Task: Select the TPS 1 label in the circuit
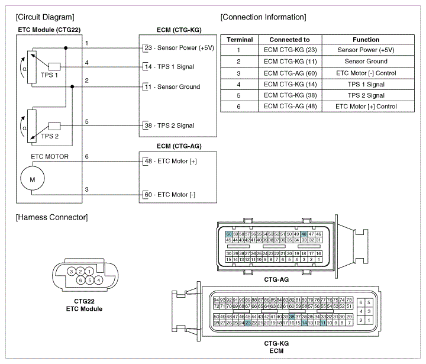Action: pyautogui.click(x=49, y=75)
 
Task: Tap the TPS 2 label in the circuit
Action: pyautogui.click(x=50, y=136)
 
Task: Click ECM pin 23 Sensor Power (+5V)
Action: pyautogui.click(x=178, y=47)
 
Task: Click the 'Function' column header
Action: pyautogui.click(x=366, y=40)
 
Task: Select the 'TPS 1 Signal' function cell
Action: pyautogui.click(x=366, y=84)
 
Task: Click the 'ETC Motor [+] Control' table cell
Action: pyautogui.click(x=366, y=107)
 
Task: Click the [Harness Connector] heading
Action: pyautogui.click(x=52, y=217)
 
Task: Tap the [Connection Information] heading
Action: pyautogui.click(x=263, y=17)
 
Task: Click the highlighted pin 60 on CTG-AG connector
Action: pyautogui.click(x=228, y=234)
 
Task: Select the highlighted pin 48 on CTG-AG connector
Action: pyautogui.click(x=304, y=234)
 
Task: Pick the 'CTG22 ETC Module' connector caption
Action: pyautogui.click(x=84, y=305)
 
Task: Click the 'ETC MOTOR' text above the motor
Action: pyautogui.click(x=50, y=157)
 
